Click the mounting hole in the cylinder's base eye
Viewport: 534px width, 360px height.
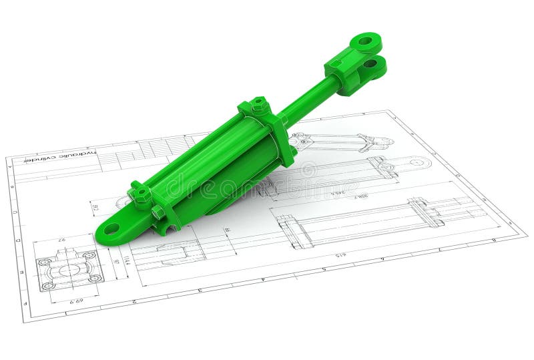tap(111, 228)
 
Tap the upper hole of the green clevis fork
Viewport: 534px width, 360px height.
tap(365, 41)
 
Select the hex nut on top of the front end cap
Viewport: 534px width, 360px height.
tap(259, 105)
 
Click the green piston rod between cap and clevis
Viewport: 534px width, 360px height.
tap(310, 101)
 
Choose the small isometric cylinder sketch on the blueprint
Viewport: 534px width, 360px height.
tap(340, 142)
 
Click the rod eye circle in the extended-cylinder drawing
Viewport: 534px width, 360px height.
tap(419, 162)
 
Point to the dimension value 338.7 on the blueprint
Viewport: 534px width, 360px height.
tap(361, 196)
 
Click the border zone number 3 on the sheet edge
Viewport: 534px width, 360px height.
tap(199, 291)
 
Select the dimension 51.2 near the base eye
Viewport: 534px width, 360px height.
tap(95, 207)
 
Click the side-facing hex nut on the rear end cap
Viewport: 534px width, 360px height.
tap(158, 212)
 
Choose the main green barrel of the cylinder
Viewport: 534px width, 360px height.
tap(214, 167)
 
